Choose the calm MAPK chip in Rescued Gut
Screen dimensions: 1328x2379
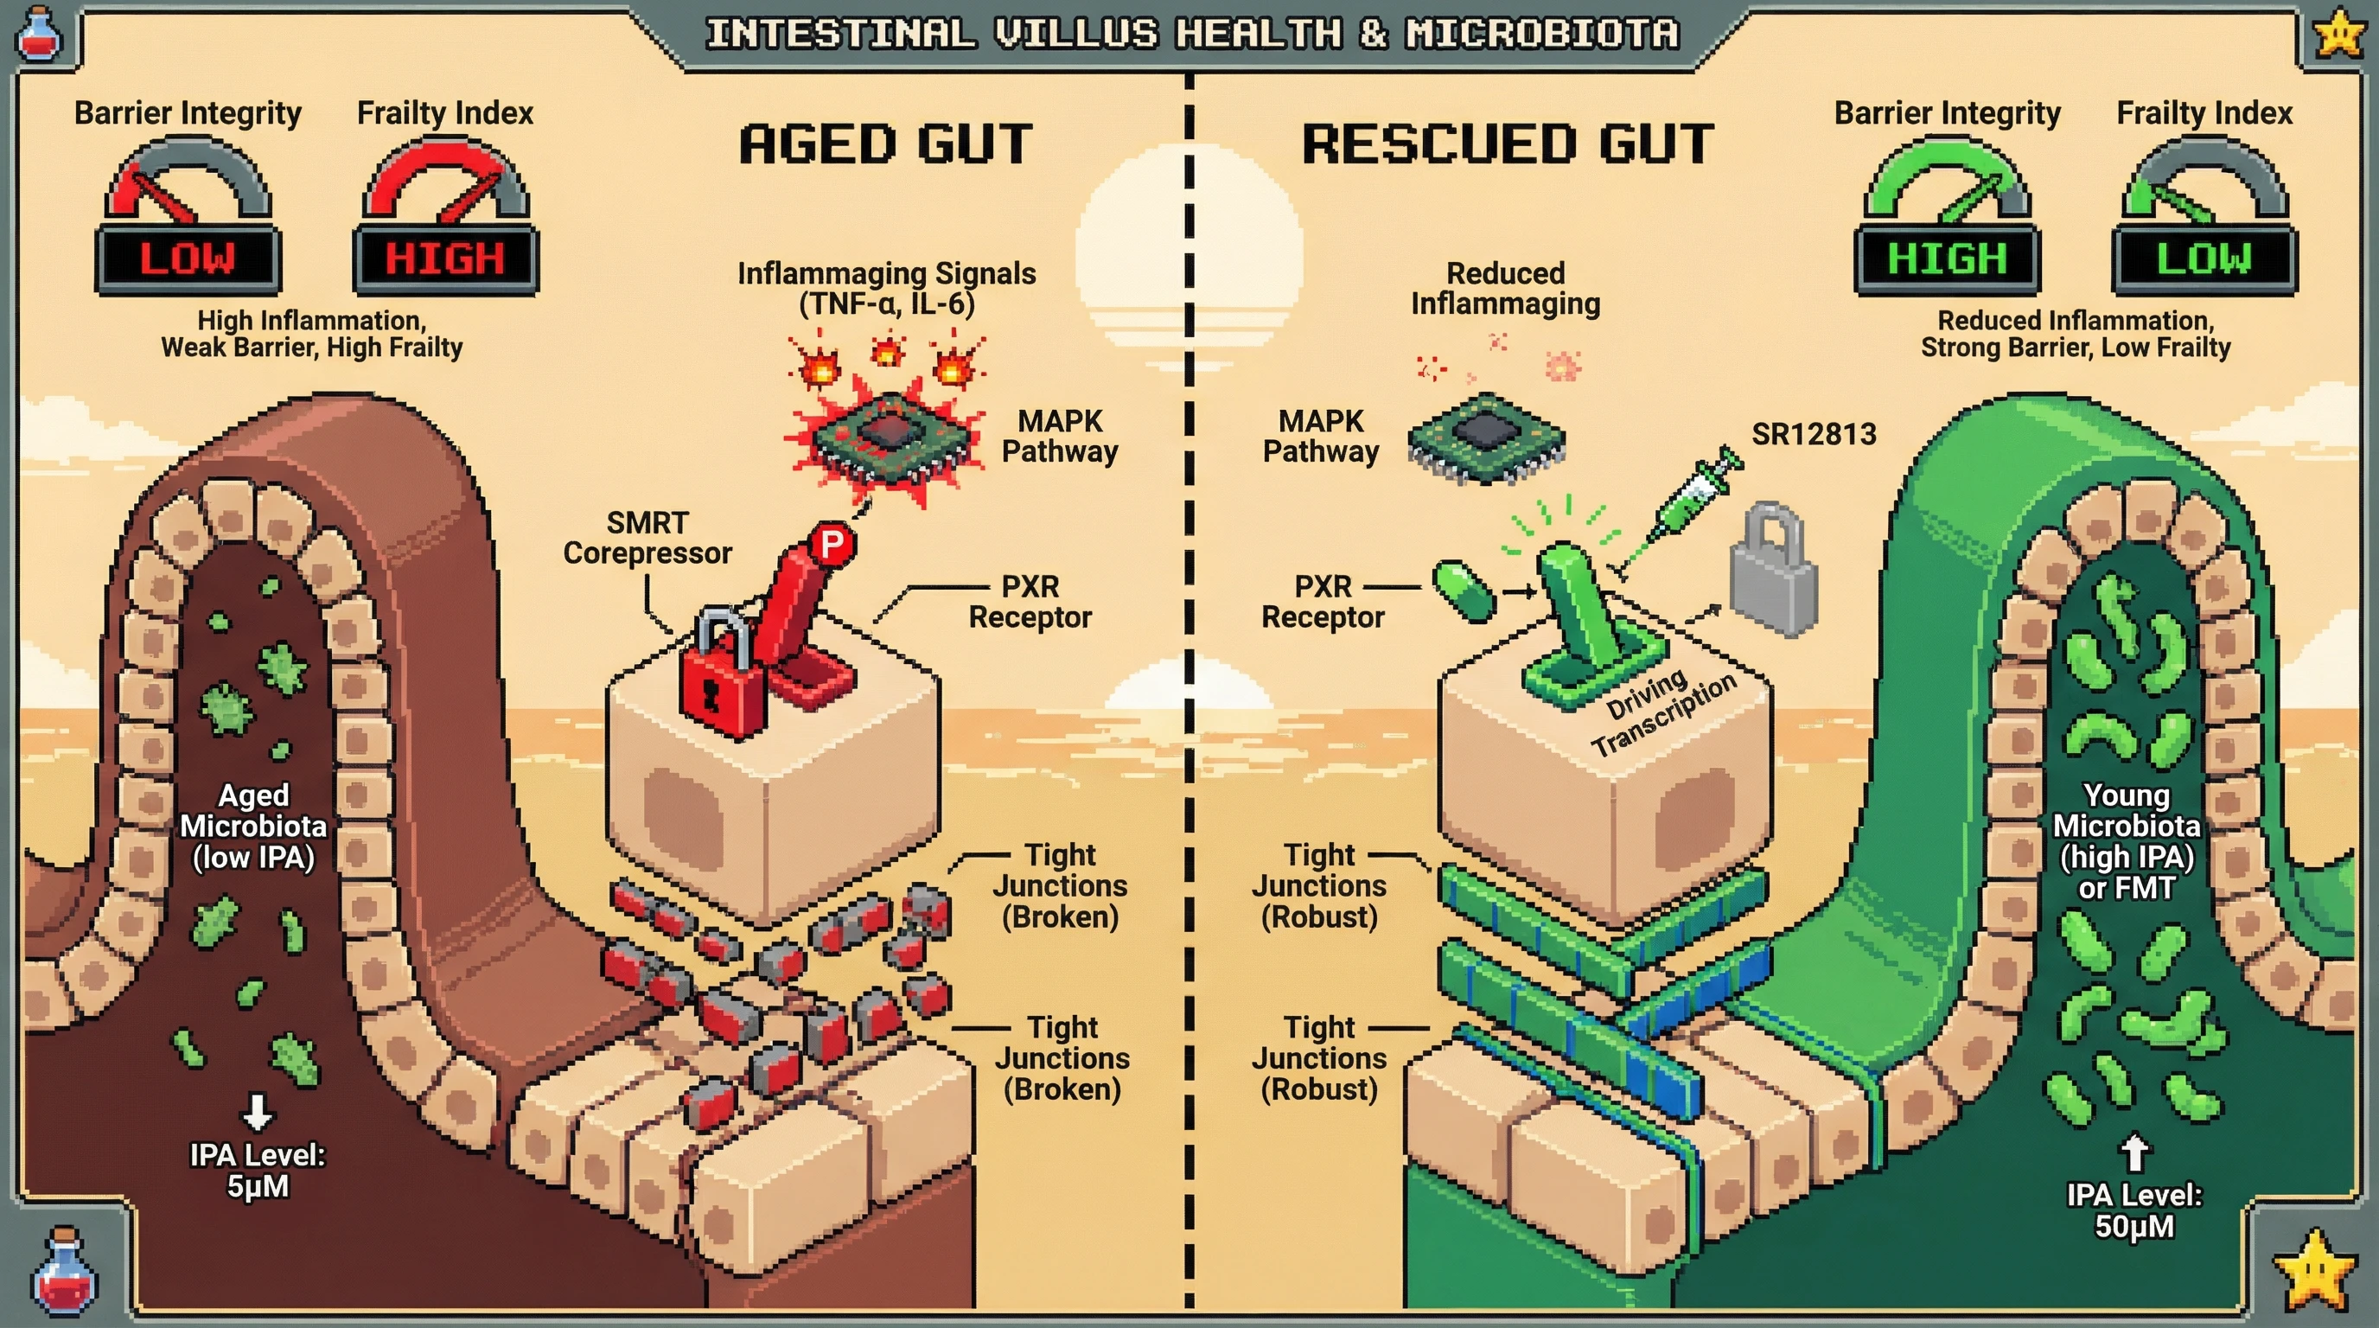click(x=1486, y=437)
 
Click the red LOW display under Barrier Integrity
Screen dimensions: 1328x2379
click(x=188, y=259)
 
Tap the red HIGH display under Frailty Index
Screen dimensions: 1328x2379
click(x=445, y=259)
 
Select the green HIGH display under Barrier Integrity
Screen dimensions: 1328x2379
click(x=1947, y=259)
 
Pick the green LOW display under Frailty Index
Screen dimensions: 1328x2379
click(x=2204, y=259)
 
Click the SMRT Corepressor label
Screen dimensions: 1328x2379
click(x=647, y=538)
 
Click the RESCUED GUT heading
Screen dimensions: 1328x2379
click(x=1508, y=145)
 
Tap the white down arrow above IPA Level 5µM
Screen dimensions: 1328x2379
click(x=257, y=1113)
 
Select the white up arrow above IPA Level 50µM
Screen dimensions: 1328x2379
click(x=2134, y=1152)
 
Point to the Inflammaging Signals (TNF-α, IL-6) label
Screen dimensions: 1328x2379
click(x=886, y=288)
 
